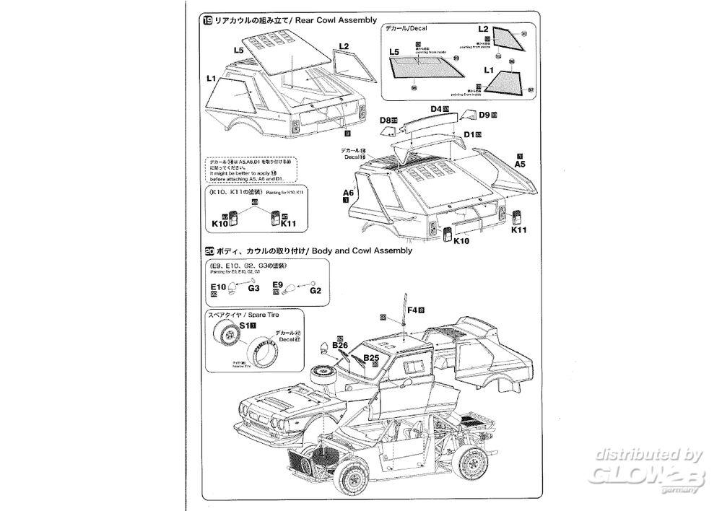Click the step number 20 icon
[209, 250]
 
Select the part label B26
[341, 346]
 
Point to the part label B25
[371, 357]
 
